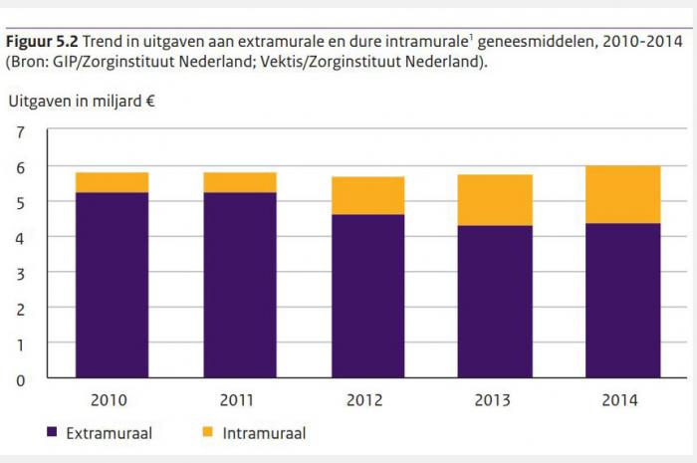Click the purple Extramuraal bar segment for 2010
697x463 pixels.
[112, 285]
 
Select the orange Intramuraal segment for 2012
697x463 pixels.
[367, 195]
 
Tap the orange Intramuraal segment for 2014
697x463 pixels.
[623, 194]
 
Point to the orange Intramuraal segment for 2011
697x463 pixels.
[240, 182]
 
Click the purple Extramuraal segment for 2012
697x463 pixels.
[367, 296]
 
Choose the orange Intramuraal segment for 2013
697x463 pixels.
[495, 200]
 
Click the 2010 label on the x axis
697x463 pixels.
[111, 400]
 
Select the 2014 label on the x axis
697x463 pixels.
[622, 400]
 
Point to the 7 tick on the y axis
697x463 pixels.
[21, 131]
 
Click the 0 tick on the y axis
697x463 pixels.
[21, 379]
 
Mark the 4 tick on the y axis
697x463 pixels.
[21, 237]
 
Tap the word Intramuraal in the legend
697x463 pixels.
[265, 433]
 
